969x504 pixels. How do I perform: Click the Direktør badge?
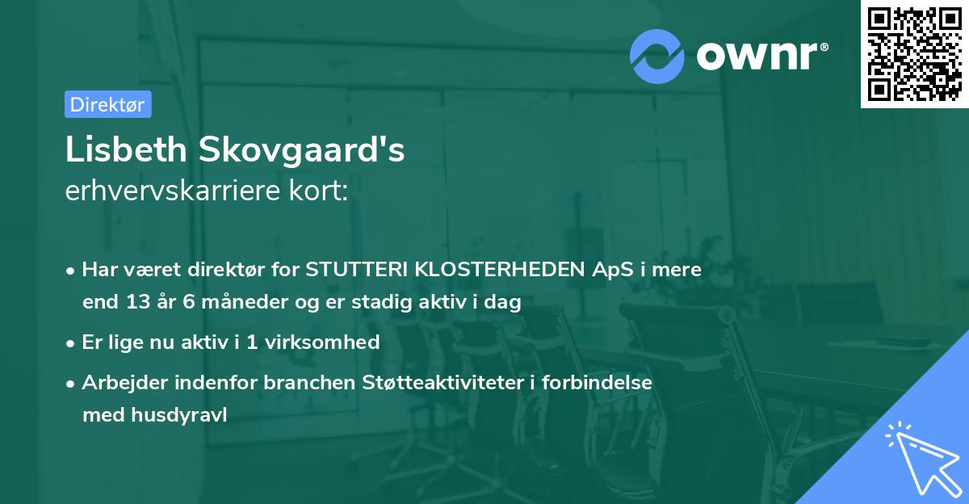click(x=107, y=104)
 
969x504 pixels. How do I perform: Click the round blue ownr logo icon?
click(x=657, y=56)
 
